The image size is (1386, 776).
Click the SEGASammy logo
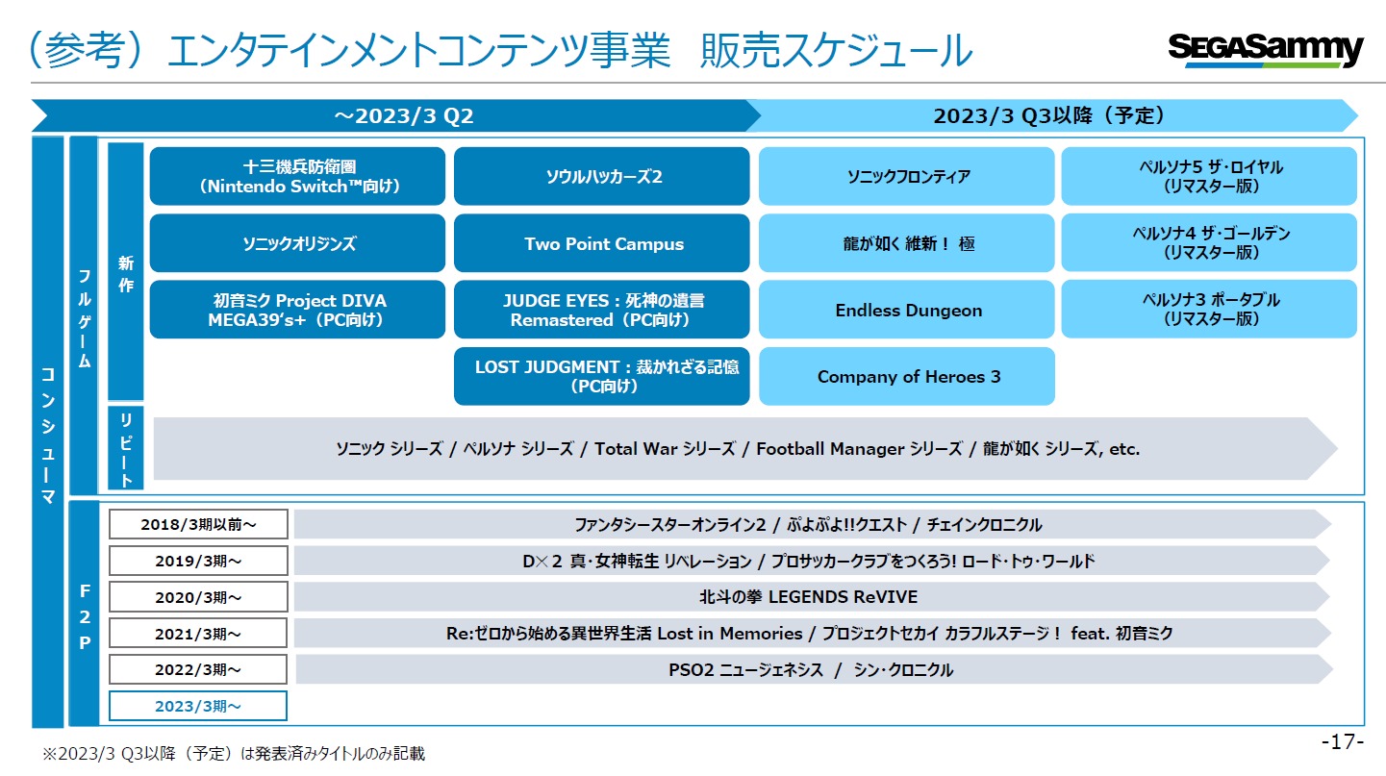point(1266,49)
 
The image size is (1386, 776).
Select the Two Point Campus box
point(601,243)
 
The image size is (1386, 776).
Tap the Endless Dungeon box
point(906,310)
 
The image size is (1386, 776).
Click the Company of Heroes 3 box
point(906,376)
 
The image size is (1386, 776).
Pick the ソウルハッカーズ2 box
point(601,176)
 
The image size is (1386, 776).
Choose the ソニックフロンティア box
point(906,176)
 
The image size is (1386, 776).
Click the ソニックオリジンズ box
point(297,243)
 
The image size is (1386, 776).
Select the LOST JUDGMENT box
point(601,376)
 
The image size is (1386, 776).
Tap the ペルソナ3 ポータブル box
point(1209,310)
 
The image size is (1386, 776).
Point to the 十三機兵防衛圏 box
point(297,176)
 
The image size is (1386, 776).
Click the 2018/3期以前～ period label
point(198,524)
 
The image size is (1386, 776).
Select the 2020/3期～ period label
point(198,597)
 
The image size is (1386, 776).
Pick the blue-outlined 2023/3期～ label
point(198,706)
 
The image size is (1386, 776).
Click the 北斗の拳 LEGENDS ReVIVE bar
point(812,597)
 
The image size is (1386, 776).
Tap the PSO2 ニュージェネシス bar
point(812,669)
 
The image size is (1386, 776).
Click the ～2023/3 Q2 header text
point(403,115)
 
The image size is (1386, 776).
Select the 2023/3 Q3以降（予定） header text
point(1049,115)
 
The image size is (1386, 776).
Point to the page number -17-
point(1342,741)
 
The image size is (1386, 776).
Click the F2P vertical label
point(85,616)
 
